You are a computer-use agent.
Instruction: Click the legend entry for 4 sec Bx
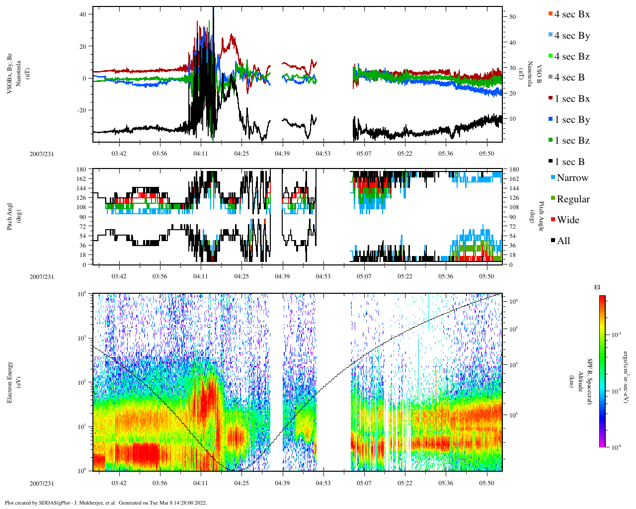coord(571,14)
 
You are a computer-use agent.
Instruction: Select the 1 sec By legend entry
coord(571,120)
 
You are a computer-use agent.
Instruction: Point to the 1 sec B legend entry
coord(569,162)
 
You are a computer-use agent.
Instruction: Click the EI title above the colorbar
coord(597,287)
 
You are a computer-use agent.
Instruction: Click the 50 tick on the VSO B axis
coord(512,17)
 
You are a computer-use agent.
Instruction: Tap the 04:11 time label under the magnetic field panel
coord(201,154)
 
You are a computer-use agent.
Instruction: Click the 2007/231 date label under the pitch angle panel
coord(42,276)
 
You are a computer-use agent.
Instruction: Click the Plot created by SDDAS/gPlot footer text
coord(105,503)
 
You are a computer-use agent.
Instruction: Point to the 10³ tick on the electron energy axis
coord(82,339)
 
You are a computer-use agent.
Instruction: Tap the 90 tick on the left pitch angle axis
coord(83,217)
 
